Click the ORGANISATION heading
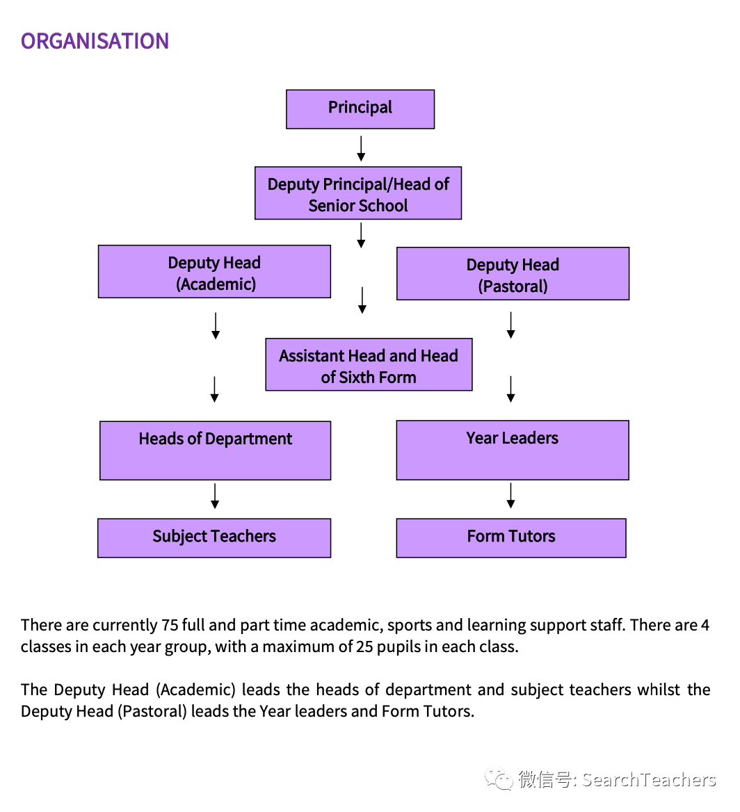[x=95, y=41]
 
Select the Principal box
[x=360, y=109]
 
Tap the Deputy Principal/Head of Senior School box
[x=358, y=193]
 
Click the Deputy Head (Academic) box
[x=214, y=272]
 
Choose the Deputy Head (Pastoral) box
[x=513, y=274]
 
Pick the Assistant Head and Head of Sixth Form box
[x=369, y=365]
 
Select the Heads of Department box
[x=215, y=450]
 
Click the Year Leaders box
[x=513, y=450]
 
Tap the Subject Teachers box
[x=214, y=538]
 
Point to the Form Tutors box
[x=511, y=538]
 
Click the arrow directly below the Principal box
[x=361, y=148]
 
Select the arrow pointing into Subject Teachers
[x=216, y=496]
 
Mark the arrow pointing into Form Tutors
[x=511, y=496]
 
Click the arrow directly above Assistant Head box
[x=362, y=300]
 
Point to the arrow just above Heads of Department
[x=215, y=389]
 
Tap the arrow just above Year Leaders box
[x=511, y=389]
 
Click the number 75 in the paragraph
[x=170, y=625]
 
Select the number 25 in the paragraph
[x=365, y=647]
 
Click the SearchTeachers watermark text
[x=648, y=780]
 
